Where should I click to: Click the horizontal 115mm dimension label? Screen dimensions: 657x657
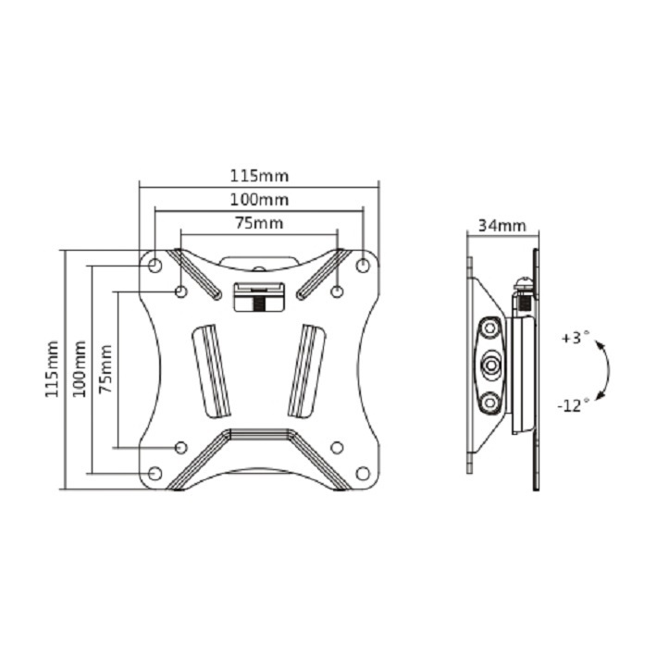click(259, 176)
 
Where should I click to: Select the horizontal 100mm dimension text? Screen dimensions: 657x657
click(259, 200)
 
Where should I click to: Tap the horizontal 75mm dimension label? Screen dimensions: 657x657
click(259, 223)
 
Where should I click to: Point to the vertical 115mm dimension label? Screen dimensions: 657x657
click(52, 369)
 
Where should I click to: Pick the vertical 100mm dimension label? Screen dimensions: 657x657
click(80, 369)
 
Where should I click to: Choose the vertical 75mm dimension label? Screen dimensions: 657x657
click(105, 369)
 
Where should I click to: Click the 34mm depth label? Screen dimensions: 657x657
click(502, 226)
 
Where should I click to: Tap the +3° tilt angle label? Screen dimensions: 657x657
click(576, 338)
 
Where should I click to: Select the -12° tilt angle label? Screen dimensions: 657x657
click(573, 405)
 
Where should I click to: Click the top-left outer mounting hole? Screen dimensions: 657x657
click(155, 266)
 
